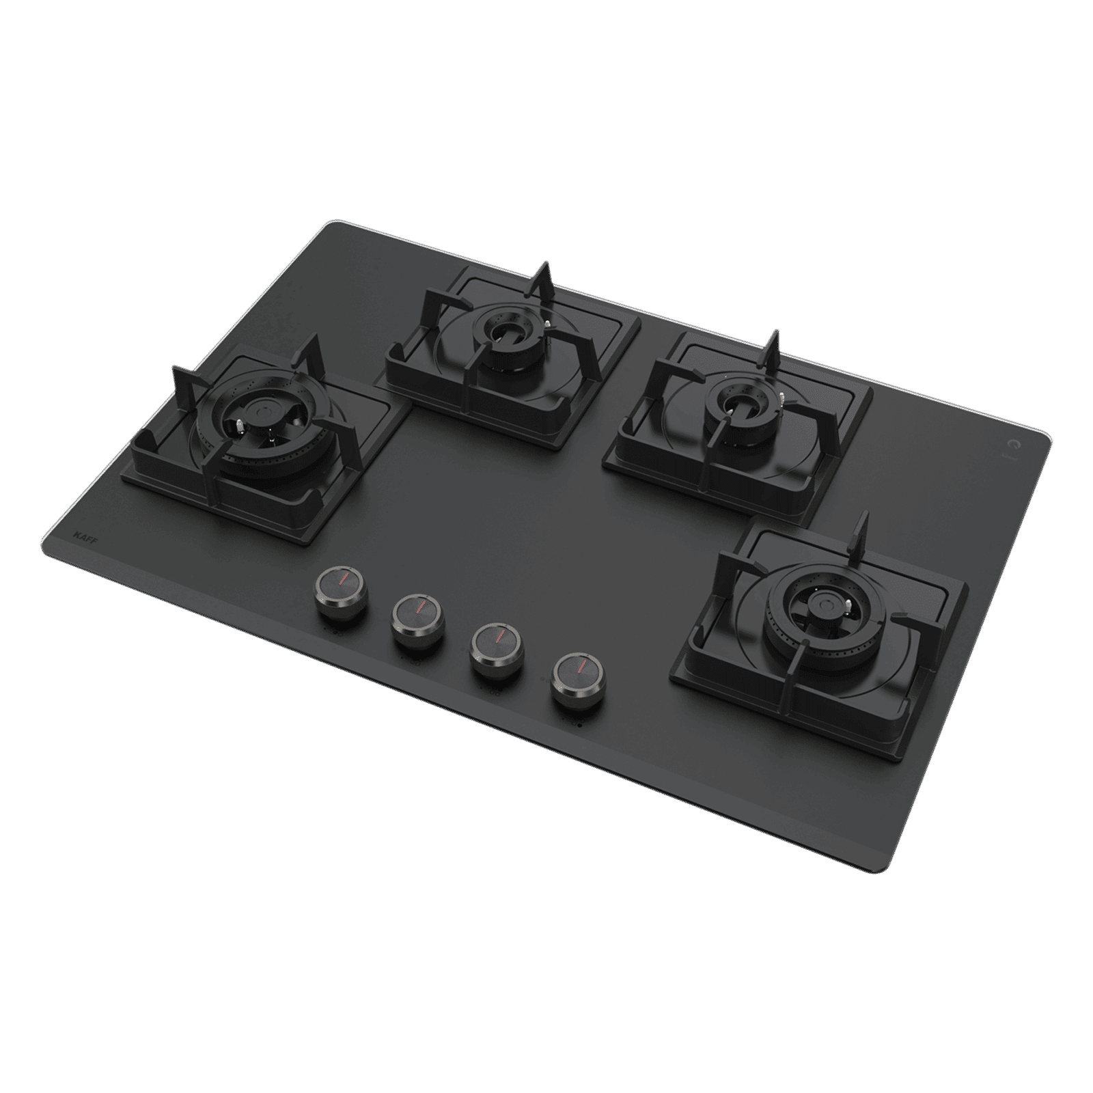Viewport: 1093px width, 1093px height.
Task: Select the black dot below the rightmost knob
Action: coord(579,723)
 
